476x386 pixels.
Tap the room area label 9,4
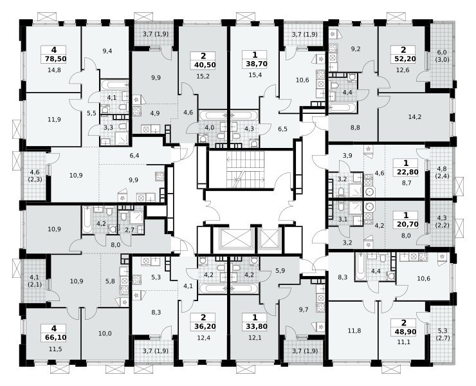(107, 51)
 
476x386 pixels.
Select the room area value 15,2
(203, 77)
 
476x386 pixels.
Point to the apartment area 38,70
(254, 64)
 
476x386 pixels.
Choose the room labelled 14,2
(415, 117)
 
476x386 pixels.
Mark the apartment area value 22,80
(406, 172)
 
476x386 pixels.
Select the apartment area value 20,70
(406, 225)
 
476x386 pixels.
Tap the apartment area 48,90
(404, 332)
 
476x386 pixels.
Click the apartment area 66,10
(54, 337)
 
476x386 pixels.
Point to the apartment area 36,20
(203, 326)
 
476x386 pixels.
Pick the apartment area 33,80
(254, 326)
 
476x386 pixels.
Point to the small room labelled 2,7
(130, 230)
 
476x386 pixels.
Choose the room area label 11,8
(354, 331)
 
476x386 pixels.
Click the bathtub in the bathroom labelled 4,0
(212, 115)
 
